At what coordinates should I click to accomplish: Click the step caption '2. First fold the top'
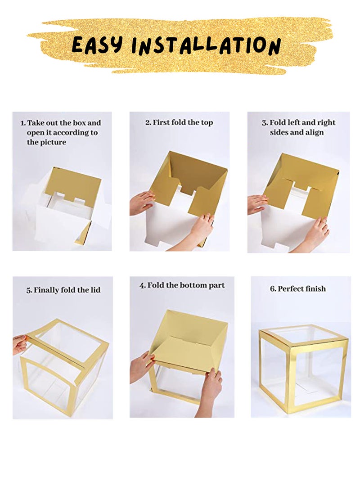coord(179,122)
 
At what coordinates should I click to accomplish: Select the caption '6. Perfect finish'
coord(298,289)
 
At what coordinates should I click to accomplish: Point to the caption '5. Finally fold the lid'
coord(63,290)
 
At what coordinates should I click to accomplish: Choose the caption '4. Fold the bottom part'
coord(182,286)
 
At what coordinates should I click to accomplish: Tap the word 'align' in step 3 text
coord(314,132)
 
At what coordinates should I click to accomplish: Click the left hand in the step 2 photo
coord(142,203)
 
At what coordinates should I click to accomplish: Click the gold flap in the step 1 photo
coord(75,185)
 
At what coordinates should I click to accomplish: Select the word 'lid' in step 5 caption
coord(95,290)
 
